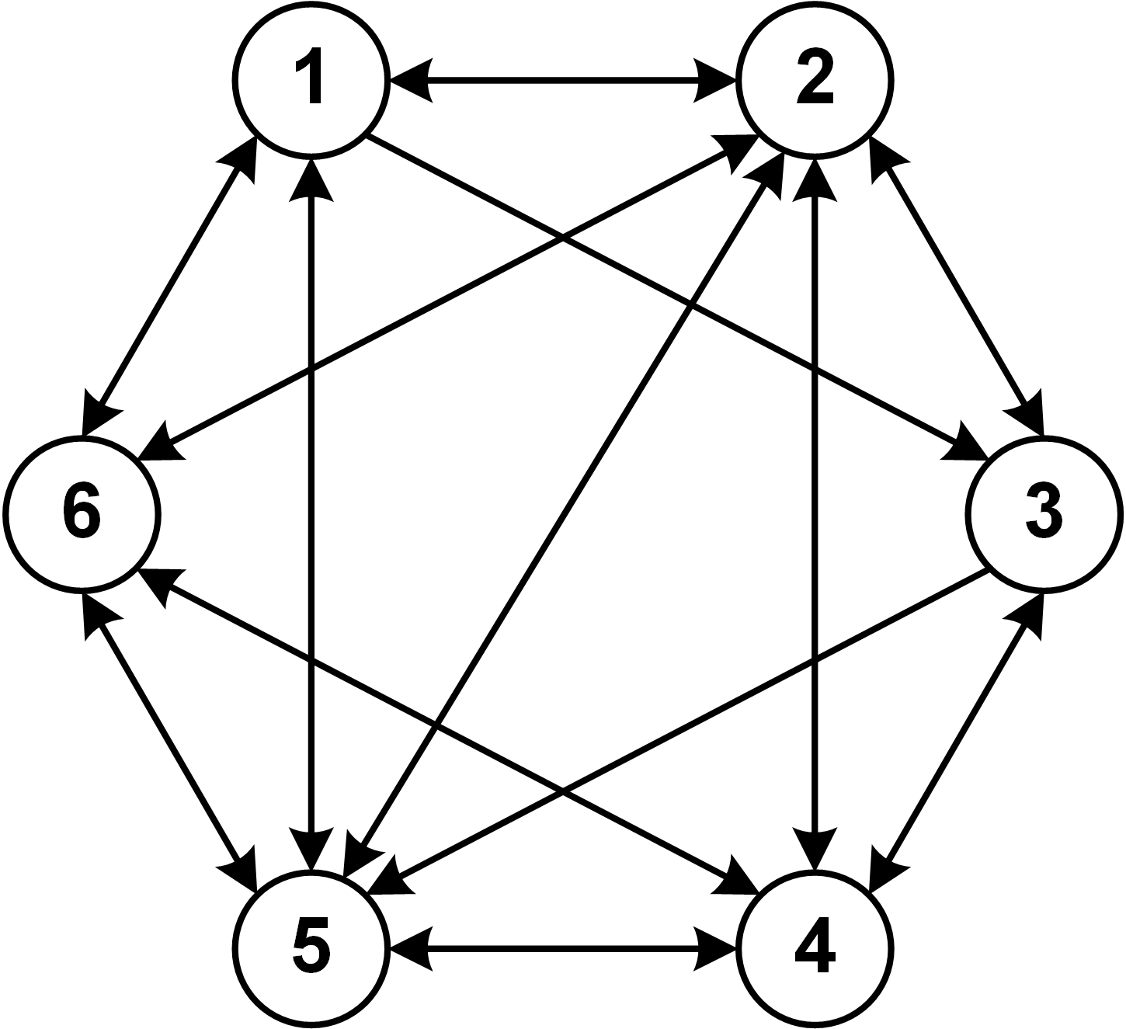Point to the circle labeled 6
point(81,514)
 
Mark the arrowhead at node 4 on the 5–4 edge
point(716,948)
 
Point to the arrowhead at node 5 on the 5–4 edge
point(408,948)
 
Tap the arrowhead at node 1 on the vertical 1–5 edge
point(311,179)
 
